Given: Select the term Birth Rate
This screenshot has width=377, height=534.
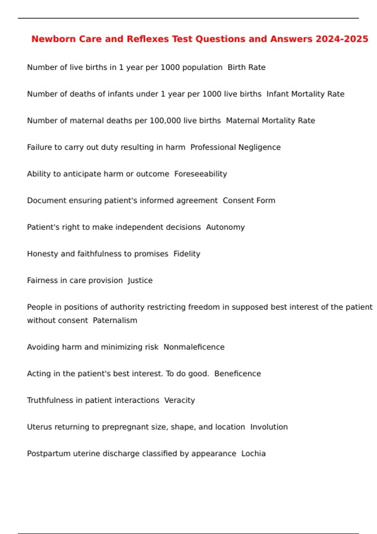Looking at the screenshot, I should click(247, 67).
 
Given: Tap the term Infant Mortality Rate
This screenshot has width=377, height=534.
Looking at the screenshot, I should click(305, 94).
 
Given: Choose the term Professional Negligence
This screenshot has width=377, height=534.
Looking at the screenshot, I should click(236, 147).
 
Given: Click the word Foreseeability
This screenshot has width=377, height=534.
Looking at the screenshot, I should click(201, 174).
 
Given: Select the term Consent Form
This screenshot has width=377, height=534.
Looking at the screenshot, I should click(249, 200).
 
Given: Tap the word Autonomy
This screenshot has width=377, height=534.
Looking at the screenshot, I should click(225, 227).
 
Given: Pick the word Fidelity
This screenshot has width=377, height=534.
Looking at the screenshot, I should click(187, 254).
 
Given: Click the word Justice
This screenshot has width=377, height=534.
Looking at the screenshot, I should click(140, 281).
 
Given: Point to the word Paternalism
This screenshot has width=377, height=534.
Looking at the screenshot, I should click(115, 320).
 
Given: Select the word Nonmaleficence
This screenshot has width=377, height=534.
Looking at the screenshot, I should click(194, 347).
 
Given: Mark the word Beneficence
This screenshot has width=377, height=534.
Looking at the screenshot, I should click(238, 373).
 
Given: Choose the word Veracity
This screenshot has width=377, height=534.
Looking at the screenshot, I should click(180, 400).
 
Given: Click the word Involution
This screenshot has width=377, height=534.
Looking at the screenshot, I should click(269, 427).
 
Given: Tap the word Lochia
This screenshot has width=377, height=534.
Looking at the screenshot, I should click(254, 454).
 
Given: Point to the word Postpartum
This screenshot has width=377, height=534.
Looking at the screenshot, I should click(49, 454).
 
